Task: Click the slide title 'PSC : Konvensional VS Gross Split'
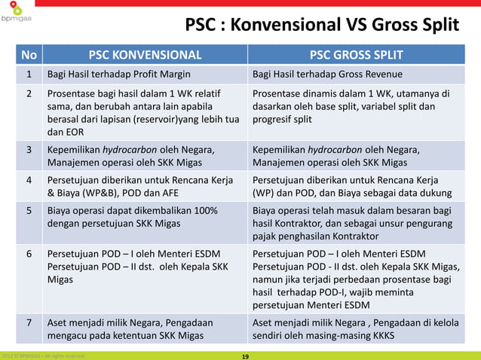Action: click(322, 26)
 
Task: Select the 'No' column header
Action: click(29, 54)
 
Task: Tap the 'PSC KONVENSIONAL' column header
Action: click(146, 54)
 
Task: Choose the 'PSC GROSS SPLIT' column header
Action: click(357, 54)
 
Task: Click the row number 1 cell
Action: click(29, 75)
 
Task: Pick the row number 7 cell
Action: click(29, 322)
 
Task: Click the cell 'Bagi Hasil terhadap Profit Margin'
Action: click(118, 75)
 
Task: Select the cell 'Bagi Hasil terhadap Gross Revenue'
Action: click(327, 75)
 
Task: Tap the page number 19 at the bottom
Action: click(244, 355)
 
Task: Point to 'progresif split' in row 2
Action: click(282, 119)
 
